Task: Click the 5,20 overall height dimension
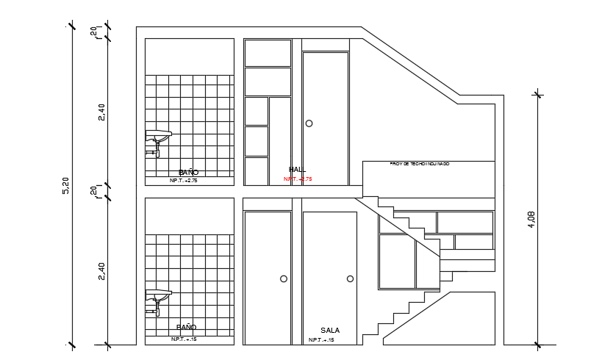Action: (x=66, y=186)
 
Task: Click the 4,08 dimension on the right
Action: (x=531, y=219)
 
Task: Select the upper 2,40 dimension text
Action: (x=101, y=112)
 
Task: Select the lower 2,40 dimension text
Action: (x=101, y=270)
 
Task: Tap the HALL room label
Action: (x=297, y=170)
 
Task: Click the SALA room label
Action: (x=330, y=331)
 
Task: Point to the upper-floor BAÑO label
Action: (x=188, y=173)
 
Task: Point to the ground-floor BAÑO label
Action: (x=187, y=328)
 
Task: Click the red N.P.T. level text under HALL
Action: (x=298, y=179)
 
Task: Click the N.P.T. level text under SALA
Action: (x=321, y=340)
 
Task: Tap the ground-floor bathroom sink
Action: (x=158, y=298)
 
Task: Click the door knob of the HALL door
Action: (x=309, y=123)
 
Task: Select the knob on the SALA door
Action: (x=350, y=278)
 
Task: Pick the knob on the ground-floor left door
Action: (x=284, y=278)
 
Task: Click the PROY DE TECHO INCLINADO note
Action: (x=420, y=164)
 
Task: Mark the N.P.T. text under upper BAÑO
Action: (x=184, y=180)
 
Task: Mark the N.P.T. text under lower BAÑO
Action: (x=184, y=339)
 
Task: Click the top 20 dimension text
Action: (x=93, y=32)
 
